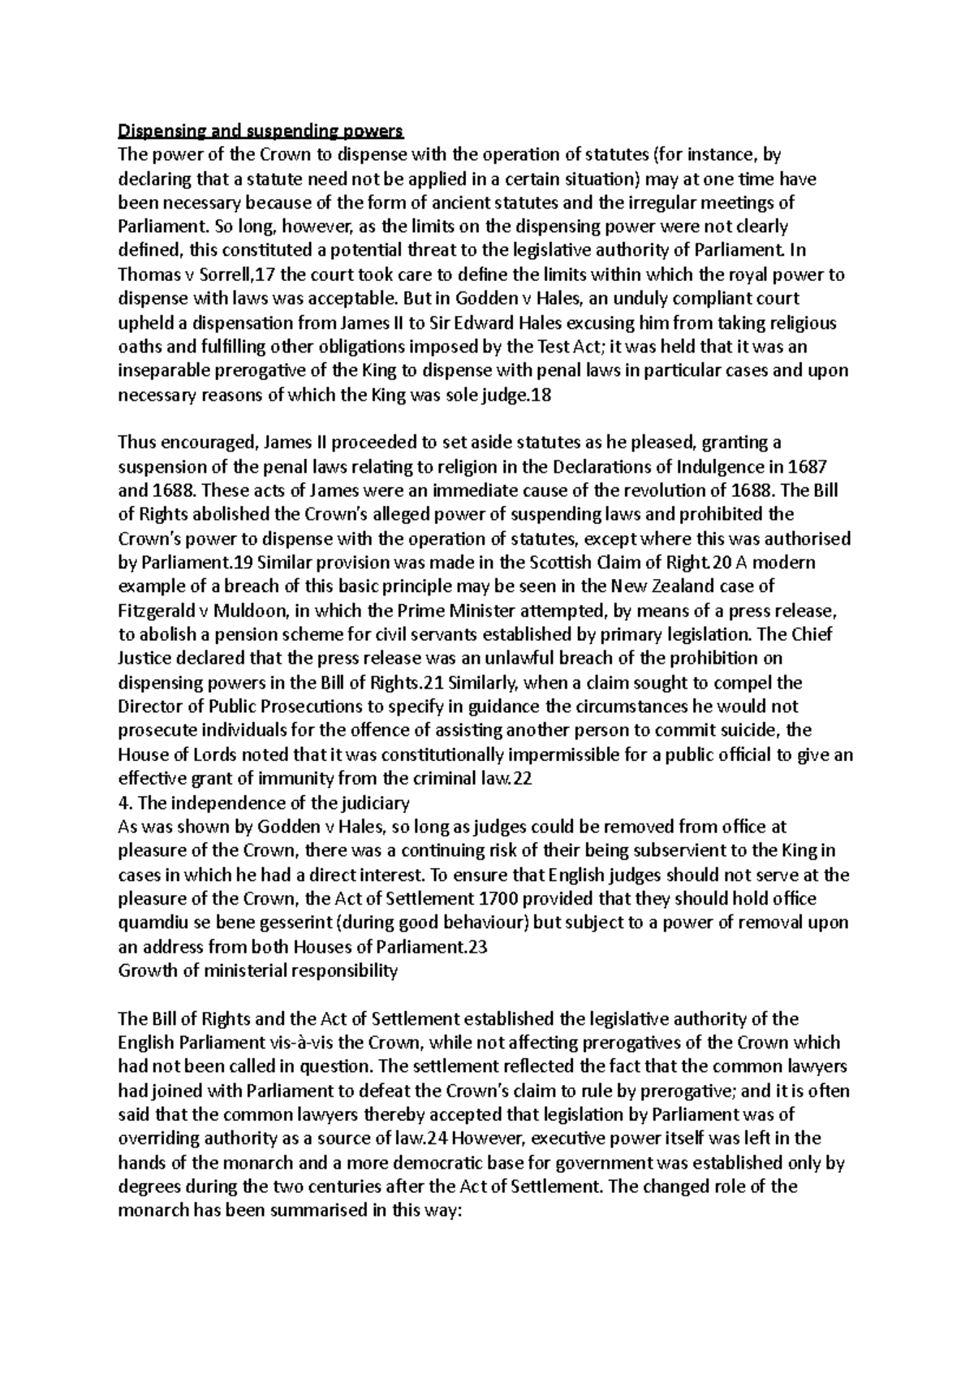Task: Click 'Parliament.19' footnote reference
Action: point(194,562)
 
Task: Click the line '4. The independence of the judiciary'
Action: point(264,802)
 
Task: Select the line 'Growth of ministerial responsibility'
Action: point(258,970)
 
